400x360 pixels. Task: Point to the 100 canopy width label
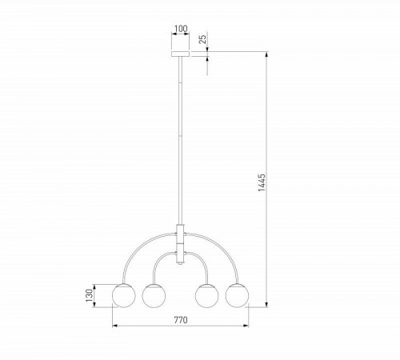pos(180,30)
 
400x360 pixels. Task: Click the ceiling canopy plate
pos(180,55)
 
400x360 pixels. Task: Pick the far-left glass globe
pos(124,294)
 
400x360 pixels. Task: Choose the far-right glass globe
pos(237,294)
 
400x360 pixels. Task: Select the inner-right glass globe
pos(207,294)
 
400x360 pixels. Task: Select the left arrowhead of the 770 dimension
pos(115,326)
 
